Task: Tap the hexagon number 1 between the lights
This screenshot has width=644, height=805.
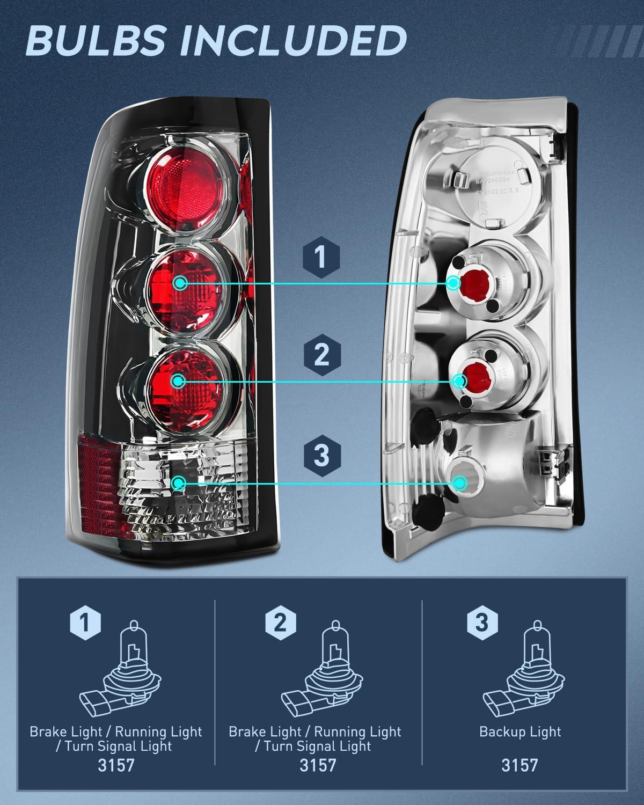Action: (321, 258)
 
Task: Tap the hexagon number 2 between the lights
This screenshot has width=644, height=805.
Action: (321, 355)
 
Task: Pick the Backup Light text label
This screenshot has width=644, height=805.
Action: (519, 731)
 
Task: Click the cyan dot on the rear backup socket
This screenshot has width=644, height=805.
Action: (460, 483)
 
